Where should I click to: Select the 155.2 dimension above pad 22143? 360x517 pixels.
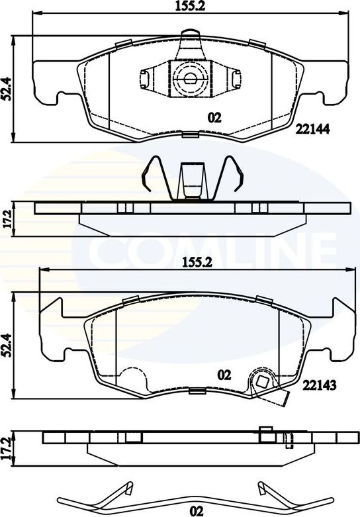[x=196, y=262]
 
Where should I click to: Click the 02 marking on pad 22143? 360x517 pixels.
[x=224, y=374]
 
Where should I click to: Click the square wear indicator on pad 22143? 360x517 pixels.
[x=263, y=381]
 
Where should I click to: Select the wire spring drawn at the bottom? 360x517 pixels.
[x=192, y=493]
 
